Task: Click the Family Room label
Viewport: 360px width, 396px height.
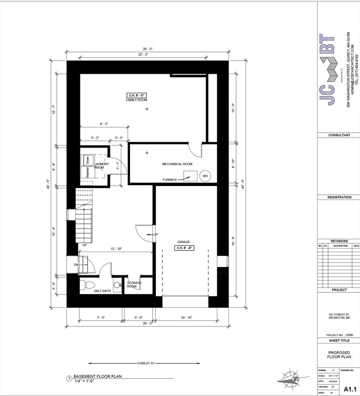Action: click(x=137, y=100)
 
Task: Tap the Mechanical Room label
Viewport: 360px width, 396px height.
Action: click(x=177, y=164)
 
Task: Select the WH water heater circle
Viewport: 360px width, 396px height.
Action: click(x=205, y=176)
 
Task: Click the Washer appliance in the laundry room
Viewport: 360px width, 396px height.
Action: click(x=88, y=172)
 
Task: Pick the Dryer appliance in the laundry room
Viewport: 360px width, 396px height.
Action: click(x=88, y=160)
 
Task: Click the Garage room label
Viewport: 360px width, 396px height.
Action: click(x=184, y=241)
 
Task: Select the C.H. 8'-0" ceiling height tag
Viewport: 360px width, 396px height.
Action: click(x=137, y=95)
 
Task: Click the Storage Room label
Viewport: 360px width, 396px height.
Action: click(x=135, y=285)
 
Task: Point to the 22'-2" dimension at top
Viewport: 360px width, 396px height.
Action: click(x=143, y=54)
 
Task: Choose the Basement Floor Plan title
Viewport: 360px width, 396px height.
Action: click(x=100, y=376)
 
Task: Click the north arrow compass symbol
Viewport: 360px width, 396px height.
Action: click(x=290, y=379)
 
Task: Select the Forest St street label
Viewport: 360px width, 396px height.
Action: click(x=146, y=363)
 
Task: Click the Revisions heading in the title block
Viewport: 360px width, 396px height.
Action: click(x=339, y=241)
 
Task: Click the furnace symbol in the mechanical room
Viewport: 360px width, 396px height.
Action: click(x=189, y=176)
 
